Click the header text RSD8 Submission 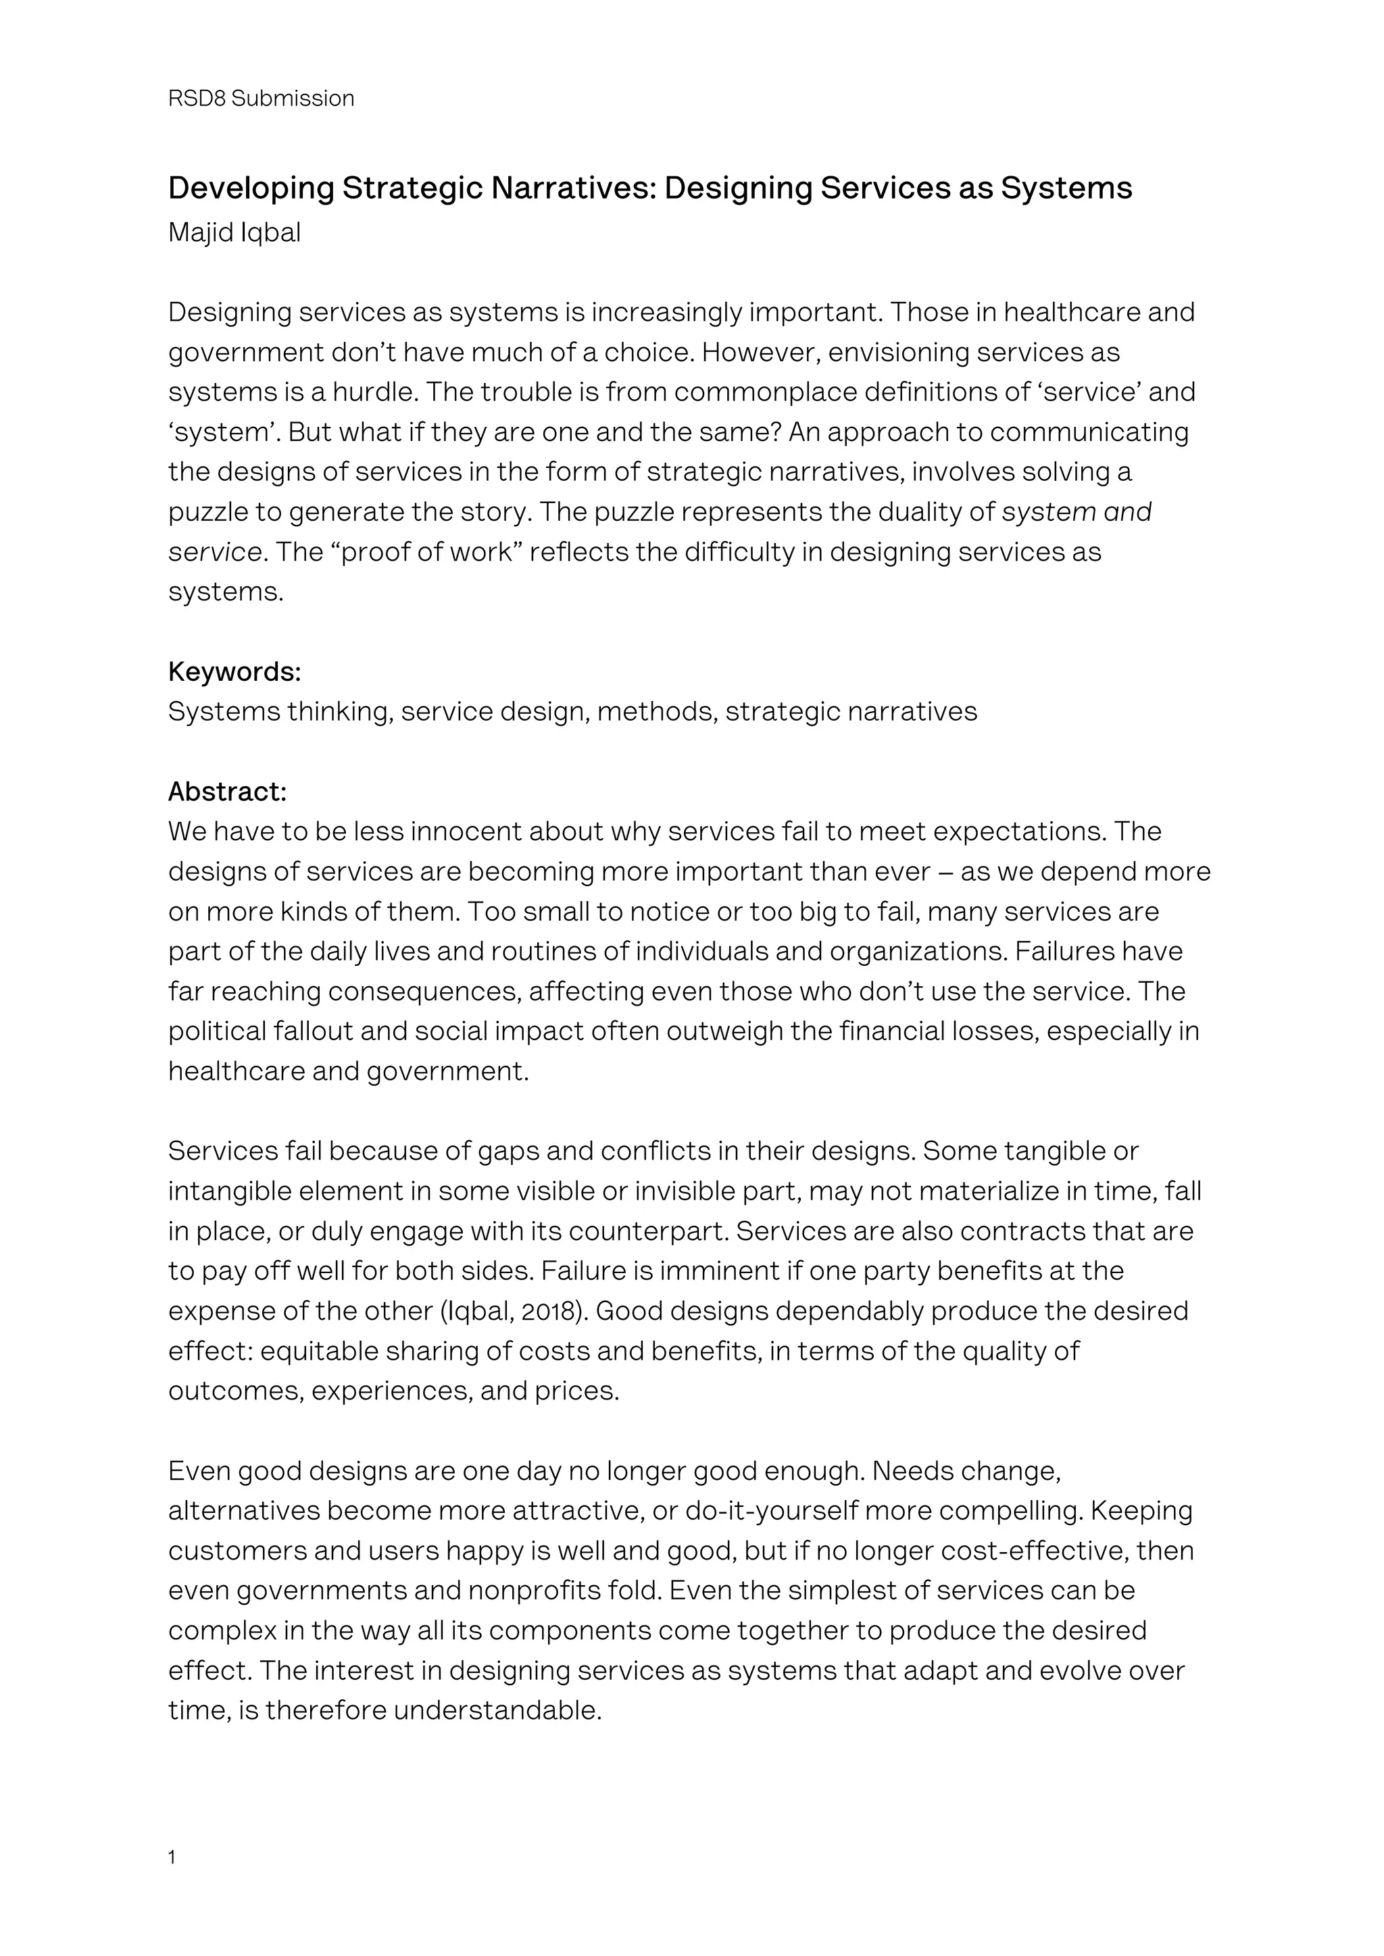point(261,99)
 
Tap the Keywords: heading point(234,672)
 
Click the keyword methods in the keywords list point(656,711)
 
